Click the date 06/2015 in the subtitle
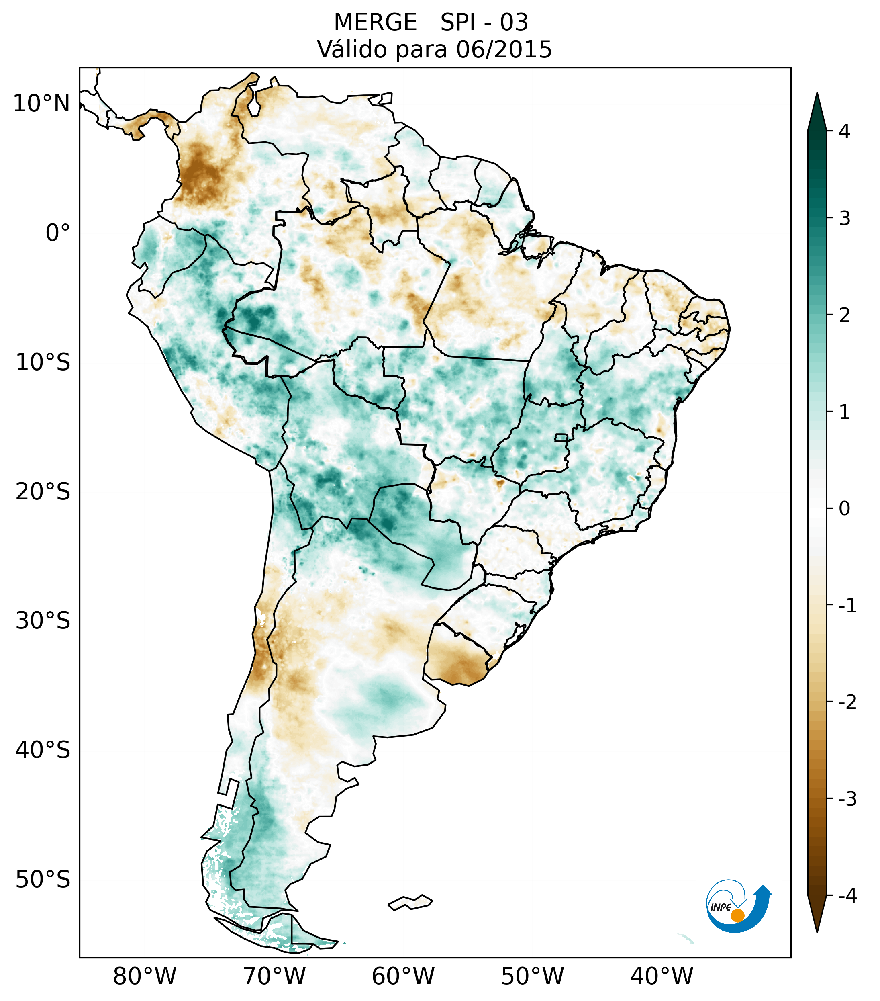[504, 49]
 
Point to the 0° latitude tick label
[57, 233]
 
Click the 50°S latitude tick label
[43, 880]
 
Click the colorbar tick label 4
[844, 131]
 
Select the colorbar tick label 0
[844, 508]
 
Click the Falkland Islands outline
[410, 902]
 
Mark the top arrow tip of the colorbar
[817, 94]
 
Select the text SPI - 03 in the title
[484, 23]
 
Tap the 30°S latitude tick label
[43, 620]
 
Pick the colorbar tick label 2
[844, 315]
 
